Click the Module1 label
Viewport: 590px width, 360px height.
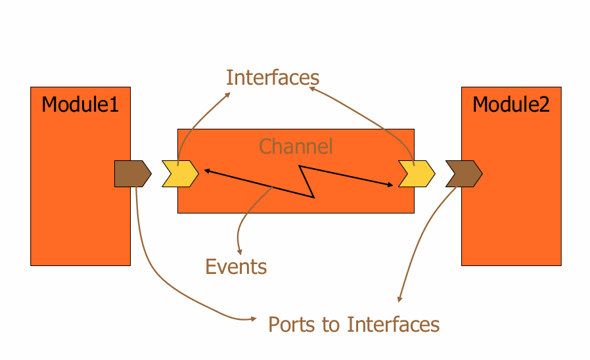(80, 104)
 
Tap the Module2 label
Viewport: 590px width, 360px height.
(511, 104)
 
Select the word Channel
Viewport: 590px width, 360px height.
(296, 146)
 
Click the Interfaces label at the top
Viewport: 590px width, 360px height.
(273, 78)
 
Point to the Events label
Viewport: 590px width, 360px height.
(236, 267)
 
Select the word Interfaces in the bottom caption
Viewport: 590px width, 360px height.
(393, 325)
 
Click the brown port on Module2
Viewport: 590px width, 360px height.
(464, 173)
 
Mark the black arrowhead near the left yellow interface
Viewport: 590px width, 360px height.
(206, 171)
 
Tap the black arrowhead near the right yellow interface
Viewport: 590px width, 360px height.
(390, 185)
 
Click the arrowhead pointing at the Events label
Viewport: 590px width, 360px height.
(240, 252)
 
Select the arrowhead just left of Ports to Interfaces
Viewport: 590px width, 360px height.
(253, 319)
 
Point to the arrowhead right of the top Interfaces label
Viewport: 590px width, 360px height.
(312, 90)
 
